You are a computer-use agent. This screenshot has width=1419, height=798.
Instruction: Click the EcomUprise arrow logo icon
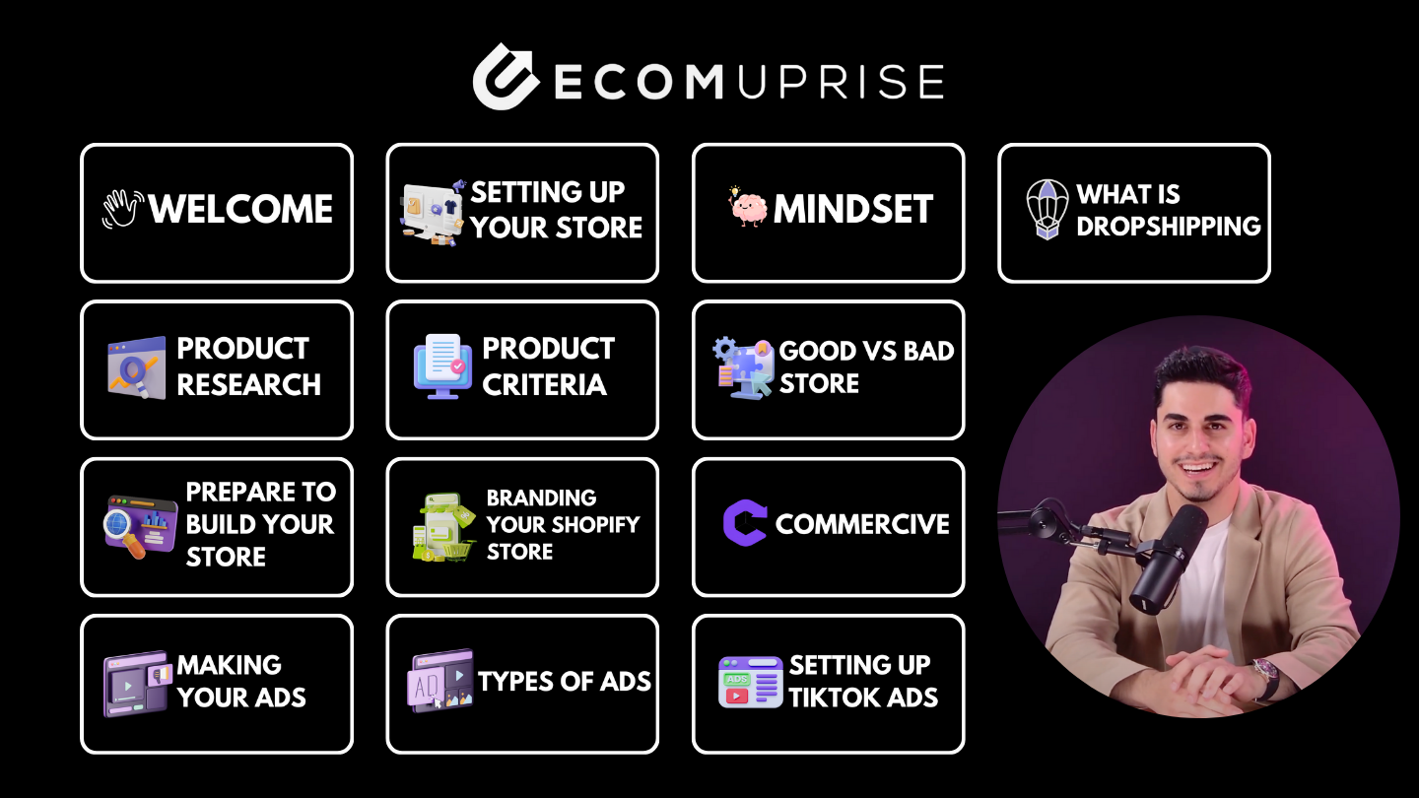click(506, 77)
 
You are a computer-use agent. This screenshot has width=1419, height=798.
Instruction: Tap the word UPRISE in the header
click(842, 82)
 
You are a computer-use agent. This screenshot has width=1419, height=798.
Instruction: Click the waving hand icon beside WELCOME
click(123, 209)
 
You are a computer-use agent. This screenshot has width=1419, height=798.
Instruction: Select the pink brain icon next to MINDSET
click(748, 207)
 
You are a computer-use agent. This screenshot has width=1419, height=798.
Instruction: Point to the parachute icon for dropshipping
click(1047, 209)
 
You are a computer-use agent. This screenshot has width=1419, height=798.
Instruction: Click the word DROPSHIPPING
click(1169, 227)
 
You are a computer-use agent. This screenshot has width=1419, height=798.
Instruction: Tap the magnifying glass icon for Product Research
click(137, 367)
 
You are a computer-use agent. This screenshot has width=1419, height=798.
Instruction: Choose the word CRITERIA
click(544, 384)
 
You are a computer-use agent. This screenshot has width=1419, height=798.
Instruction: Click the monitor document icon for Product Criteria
click(442, 366)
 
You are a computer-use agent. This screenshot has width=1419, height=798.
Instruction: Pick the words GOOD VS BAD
click(866, 351)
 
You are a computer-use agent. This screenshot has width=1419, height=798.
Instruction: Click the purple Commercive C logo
click(745, 522)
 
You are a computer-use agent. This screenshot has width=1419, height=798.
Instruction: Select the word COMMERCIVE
click(862, 524)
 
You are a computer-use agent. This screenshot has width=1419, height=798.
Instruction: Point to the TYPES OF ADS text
click(565, 682)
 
